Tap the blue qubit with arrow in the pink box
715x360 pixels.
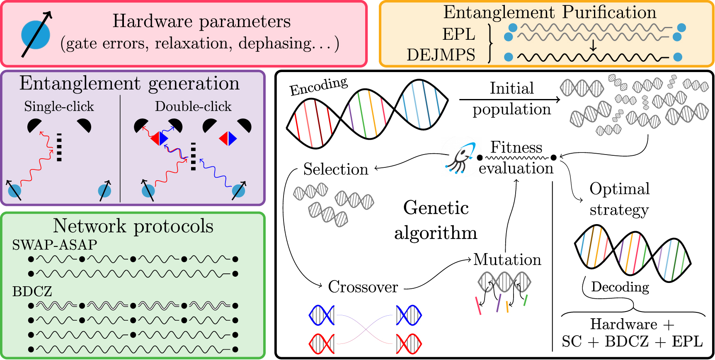36,35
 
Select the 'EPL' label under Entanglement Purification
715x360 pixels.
458,34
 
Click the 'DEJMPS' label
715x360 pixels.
441,55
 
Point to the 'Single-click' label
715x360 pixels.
59,106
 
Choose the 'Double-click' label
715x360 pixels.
193,106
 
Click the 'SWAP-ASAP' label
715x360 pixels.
54,244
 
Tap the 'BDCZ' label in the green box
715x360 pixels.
32,291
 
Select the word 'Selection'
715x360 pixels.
335,169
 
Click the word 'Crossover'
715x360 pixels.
363,287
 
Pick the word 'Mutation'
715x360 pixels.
507,259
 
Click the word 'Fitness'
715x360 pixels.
516,147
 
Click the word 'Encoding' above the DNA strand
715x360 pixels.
318,86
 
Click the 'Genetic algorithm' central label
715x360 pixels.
436,220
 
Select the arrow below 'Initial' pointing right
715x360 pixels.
509,99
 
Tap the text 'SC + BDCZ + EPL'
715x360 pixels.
632,341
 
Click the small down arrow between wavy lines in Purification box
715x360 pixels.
593,46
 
